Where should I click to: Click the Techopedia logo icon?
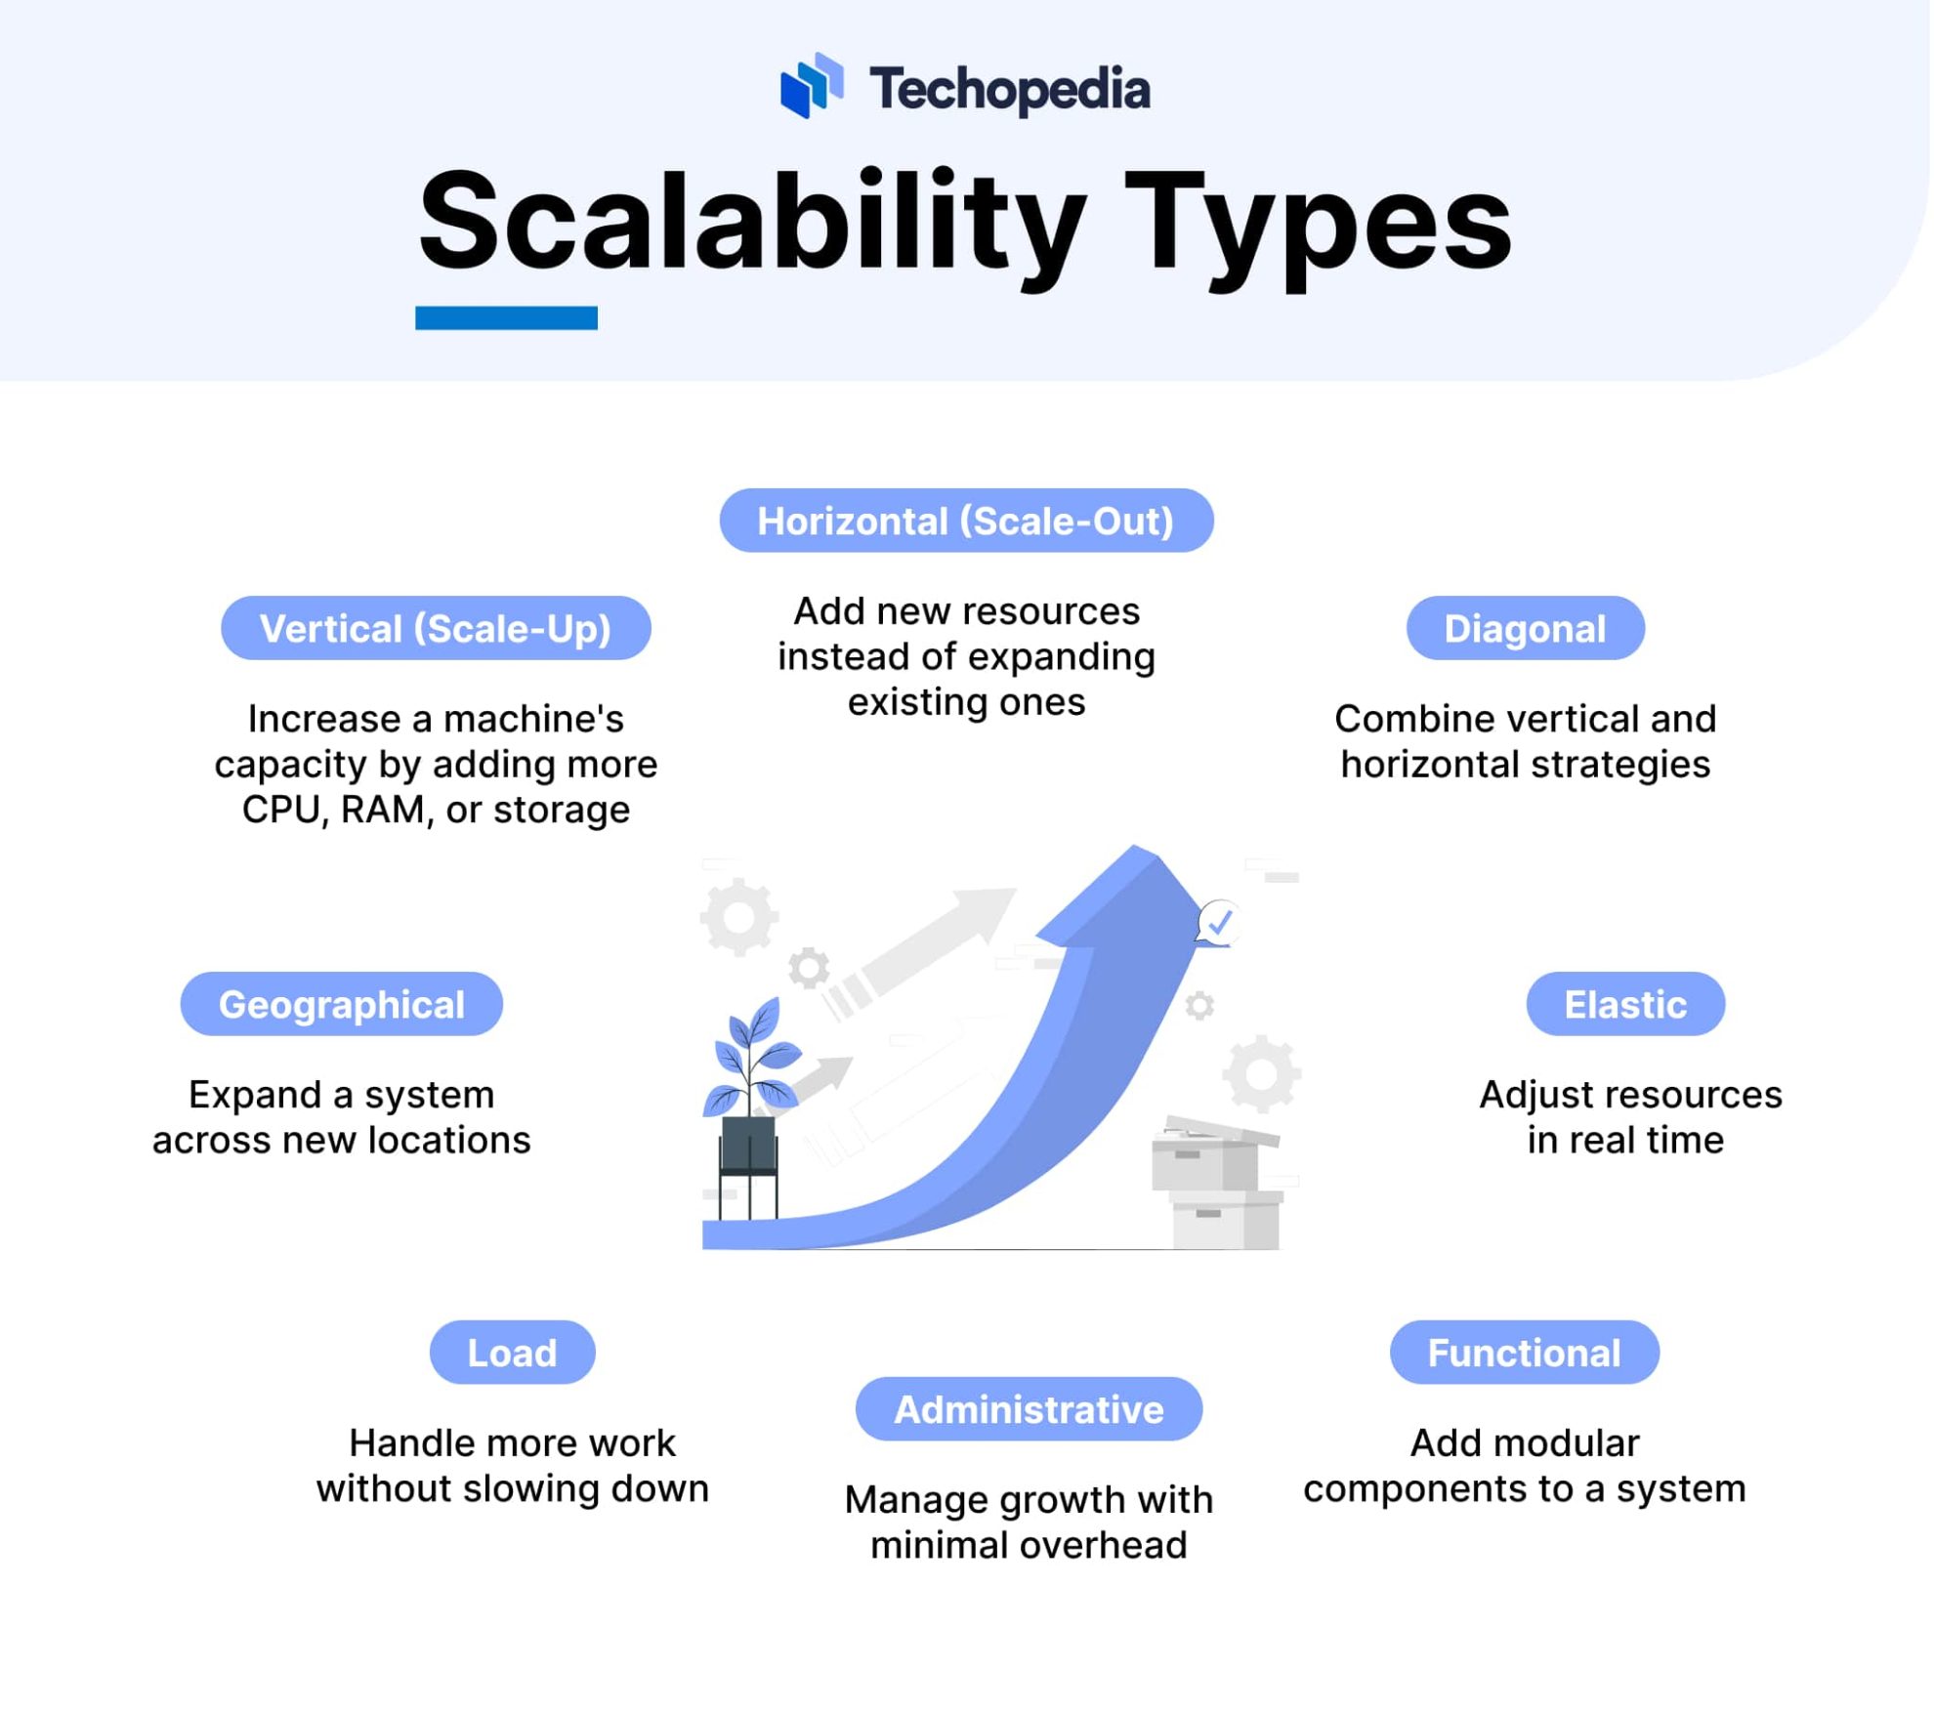(x=811, y=86)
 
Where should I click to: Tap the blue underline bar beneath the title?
(x=506, y=317)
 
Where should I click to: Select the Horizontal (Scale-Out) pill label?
(x=966, y=521)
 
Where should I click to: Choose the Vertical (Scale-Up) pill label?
(x=436, y=628)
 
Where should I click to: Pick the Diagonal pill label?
(x=1524, y=628)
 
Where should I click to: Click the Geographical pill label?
(x=341, y=1004)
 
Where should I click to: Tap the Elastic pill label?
(x=1624, y=1004)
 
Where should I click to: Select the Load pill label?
(x=512, y=1353)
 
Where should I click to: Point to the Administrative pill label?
(x=1029, y=1409)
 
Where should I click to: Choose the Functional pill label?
(x=1523, y=1353)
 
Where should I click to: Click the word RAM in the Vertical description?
(x=382, y=810)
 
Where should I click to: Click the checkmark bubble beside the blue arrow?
(x=1218, y=921)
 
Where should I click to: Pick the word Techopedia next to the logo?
(x=1009, y=90)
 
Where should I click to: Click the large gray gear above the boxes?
(x=1260, y=1074)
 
